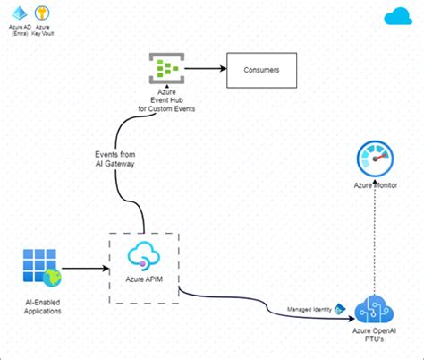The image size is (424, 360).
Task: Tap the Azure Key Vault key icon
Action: click(x=41, y=13)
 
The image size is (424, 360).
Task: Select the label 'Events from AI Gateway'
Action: click(x=114, y=159)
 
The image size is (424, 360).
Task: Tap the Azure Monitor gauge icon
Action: click(x=375, y=159)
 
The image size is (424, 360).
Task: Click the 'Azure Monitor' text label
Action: click(x=375, y=185)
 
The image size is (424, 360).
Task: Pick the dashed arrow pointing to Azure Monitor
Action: click(x=375, y=242)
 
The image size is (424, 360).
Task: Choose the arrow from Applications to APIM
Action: click(x=84, y=267)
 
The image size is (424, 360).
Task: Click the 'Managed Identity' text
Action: click(x=310, y=309)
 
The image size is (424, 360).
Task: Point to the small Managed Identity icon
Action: click(x=340, y=309)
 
